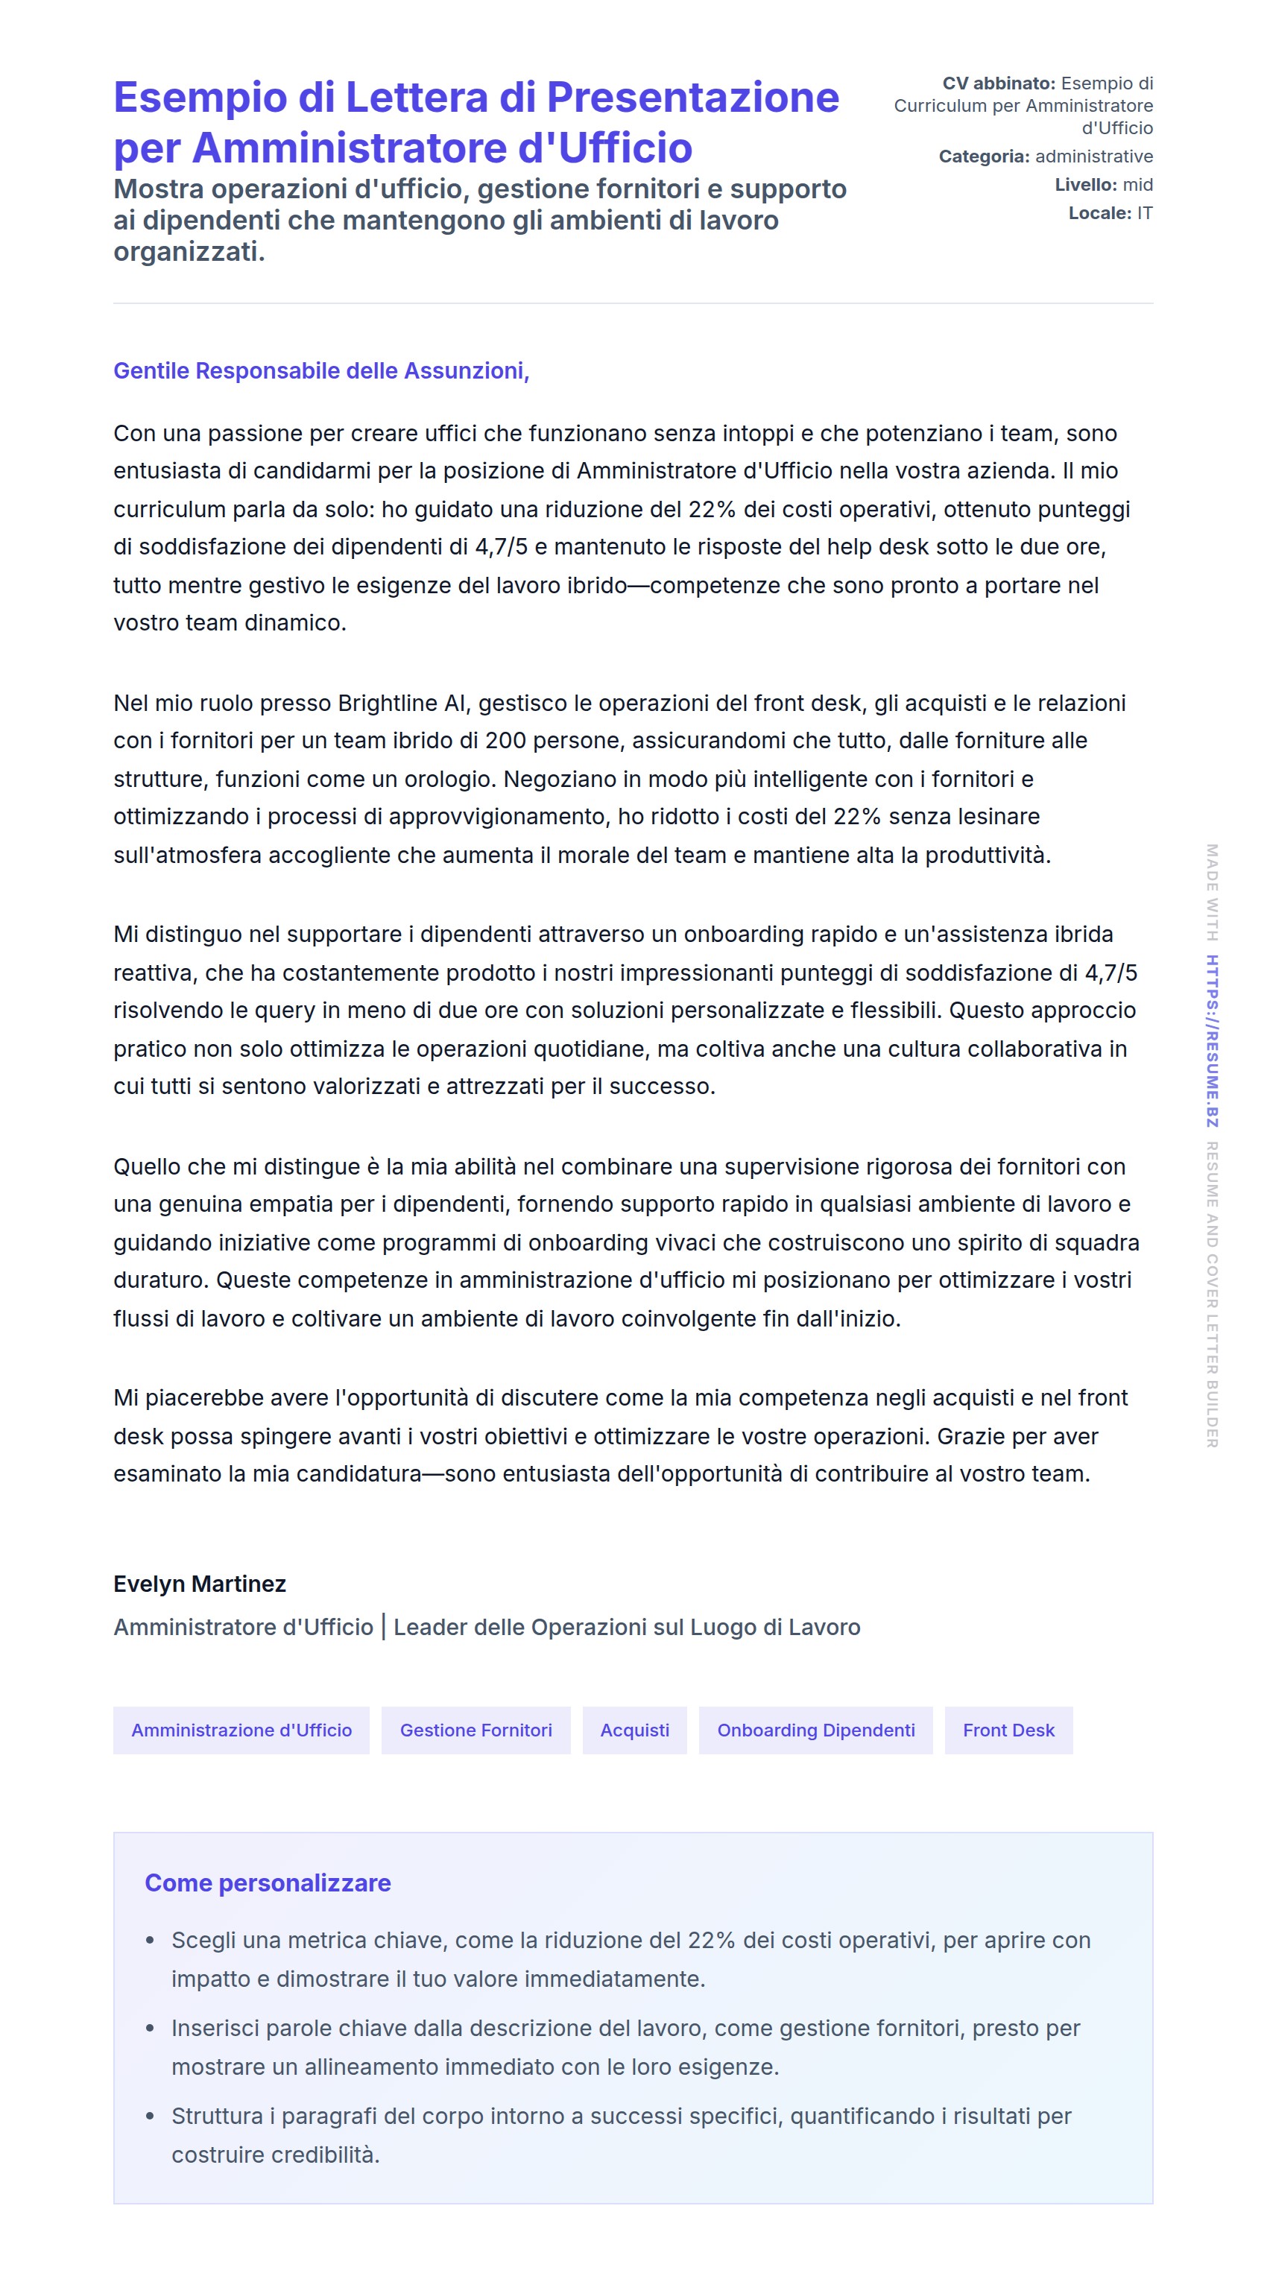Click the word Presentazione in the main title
click(x=692, y=97)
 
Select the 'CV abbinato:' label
click(x=999, y=83)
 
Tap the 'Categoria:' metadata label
click(x=983, y=157)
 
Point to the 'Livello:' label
click(x=1085, y=185)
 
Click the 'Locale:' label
click(x=1099, y=213)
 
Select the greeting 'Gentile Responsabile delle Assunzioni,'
click(x=320, y=371)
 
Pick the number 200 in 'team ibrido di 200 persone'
click(x=505, y=740)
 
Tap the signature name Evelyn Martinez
click(x=200, y=1584)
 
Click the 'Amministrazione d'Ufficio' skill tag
click(x=241, y=1730)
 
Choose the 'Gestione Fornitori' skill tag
click(x=475, y=1730)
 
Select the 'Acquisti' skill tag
click(x=634, y=1730)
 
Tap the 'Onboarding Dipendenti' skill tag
click(x=815, y=1730)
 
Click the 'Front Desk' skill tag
click(x=1008, y=1730)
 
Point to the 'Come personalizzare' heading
click(x=268, y=1883)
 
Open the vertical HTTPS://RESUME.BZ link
click(x=1212, y=1041)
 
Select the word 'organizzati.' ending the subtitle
click(x=189, y=252)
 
